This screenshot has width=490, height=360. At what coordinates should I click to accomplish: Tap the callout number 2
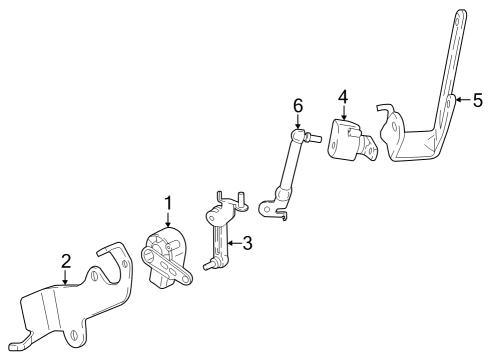(x=66, y=261)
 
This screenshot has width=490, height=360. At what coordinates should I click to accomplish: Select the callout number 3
(x=247, y=241)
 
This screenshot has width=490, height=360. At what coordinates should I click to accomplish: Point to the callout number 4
(x=343, y=97)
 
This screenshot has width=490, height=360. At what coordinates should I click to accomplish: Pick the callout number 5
(x=477, y=100)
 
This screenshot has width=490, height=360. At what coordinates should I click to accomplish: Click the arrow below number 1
(x=168, y=219)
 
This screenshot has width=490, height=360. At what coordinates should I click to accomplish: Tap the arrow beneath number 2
(x=66, y=278)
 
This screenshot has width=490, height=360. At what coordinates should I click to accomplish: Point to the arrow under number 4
(x=343, y=113)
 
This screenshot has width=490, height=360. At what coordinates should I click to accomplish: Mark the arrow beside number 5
(x=461, y=100)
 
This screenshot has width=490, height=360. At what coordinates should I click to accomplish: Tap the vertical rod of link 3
(x=221, y=240)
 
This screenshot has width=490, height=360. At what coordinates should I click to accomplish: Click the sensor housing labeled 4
(x=346, y=140)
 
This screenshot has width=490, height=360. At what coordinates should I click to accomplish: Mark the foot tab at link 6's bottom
(x=267, y=210)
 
